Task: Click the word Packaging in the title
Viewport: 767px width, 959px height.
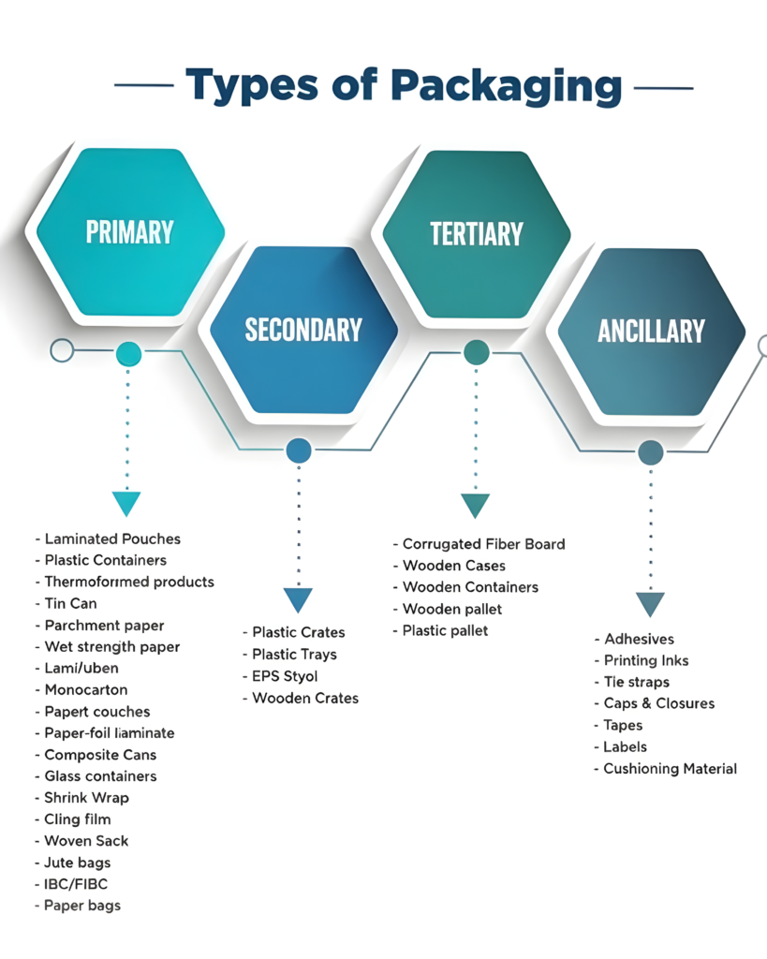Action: (x=506, y=87)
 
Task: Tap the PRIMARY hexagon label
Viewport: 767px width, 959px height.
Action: (x=129, y=231)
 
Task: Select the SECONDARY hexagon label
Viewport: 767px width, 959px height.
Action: (x=303, y=330)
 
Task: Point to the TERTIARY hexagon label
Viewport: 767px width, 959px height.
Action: (x=476, y=233)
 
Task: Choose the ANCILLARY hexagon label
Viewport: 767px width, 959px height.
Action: (x=651, y=331)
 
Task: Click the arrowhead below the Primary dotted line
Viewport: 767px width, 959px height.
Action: (x=126, y=503)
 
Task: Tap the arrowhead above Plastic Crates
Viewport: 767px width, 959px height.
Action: (x=298, y=599)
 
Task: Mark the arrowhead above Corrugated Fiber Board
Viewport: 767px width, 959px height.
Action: (x=476, y=505)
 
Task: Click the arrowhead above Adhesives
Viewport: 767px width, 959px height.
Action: (x=650, y=603)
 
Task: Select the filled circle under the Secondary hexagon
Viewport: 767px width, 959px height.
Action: (x=299, y=451)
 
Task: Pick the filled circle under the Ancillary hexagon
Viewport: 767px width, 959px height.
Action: (x=651, y=453)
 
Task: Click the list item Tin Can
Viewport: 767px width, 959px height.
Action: (x=70, y=603)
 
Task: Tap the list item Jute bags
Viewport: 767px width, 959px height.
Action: (x=78, y=863)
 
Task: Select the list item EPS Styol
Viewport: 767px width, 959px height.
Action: (x=285, y=676)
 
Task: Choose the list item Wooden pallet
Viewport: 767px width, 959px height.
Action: (x=451, y=609)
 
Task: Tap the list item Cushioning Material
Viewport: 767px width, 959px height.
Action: (x=670, y=769)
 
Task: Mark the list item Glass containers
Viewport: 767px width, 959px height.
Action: (x=100, y=776)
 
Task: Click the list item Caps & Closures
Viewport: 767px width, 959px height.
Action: (x=658, y=703)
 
